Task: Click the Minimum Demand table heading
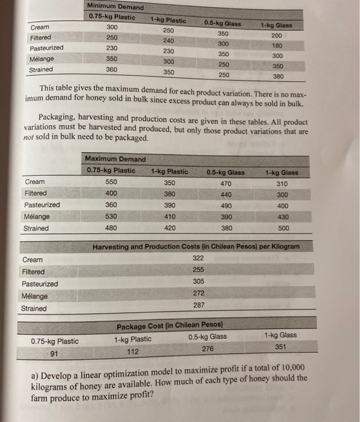[x=116, y=7]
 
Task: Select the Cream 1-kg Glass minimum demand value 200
[x=276, y=36]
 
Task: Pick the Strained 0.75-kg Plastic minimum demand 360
[x=112, y=70]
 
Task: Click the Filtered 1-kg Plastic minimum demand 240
[x=169, y=41]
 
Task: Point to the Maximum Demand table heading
[x=115, y=159]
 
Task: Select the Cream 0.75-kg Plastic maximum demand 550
[x=112, y=182]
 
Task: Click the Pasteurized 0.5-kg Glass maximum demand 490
[x=226, y=206]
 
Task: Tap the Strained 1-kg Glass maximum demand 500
[x=284, y=228]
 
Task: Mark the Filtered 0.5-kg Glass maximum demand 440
[x=226, y=194]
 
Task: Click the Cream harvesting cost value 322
[x=198, y=257]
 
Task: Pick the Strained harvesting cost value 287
[x=198, y=305]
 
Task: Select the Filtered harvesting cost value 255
[x=198, y=269]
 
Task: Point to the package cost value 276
[x=207, y=348]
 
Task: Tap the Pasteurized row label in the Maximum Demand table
[x=42, y=205]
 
